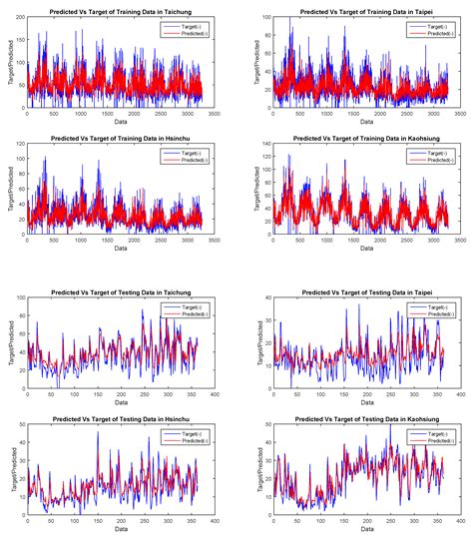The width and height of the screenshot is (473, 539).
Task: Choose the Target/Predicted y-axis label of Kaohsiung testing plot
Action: point(242,469)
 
